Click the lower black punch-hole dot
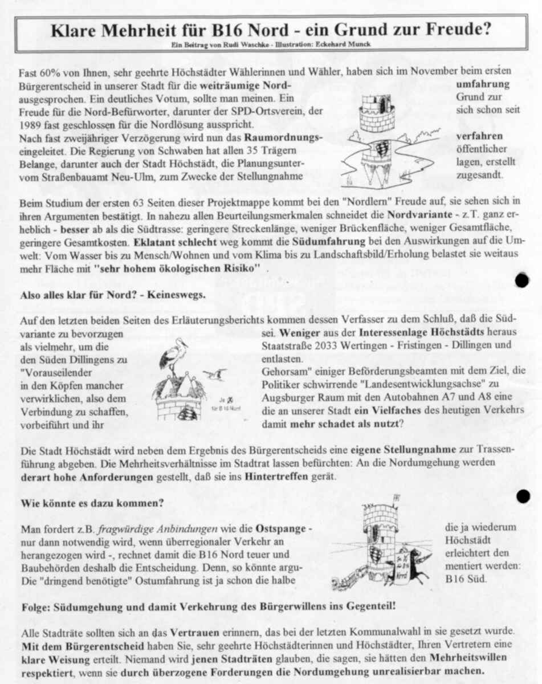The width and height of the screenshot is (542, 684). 523,496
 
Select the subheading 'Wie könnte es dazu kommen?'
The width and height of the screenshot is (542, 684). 92,503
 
